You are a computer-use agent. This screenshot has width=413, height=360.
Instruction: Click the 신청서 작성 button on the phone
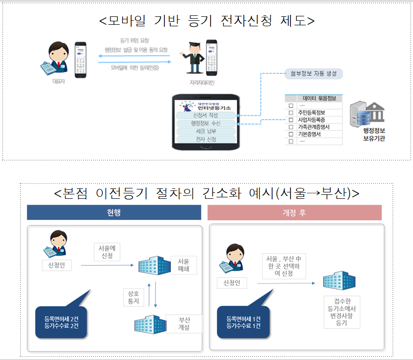click(x=206, y=116)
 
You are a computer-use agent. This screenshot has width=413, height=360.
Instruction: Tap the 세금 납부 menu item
click(x=206, y=131)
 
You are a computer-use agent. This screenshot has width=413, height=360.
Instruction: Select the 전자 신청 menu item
click(x=206, y=139)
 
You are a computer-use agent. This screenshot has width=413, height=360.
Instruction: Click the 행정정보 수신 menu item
click(x=206, y=123)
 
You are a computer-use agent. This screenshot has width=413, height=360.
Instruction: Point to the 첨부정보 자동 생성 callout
click(x=313, y=74)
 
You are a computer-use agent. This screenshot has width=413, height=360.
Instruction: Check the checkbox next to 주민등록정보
click(x=291, y=113)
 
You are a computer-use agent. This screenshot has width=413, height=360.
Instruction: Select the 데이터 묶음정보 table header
click(x=319, y=98)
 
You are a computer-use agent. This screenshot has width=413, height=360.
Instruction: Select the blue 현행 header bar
click(x=114, y=212)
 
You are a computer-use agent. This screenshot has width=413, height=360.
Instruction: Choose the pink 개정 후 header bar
click(x=295, y=212)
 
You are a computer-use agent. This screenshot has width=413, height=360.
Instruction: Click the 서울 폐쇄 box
click(x=183, y=265)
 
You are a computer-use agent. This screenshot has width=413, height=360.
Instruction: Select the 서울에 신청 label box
click(x=108, y=251)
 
